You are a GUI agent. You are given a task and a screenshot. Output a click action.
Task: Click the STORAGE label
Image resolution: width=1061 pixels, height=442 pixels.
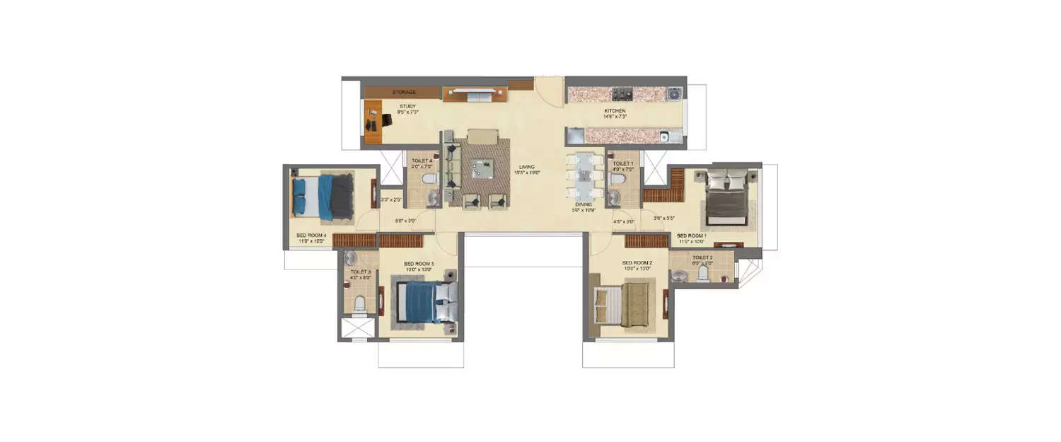point(404,93)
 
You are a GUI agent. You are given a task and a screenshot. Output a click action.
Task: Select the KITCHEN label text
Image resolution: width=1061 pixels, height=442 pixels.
point(614,111)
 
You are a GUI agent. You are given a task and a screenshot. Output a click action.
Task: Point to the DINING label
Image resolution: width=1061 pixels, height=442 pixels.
point(583,204)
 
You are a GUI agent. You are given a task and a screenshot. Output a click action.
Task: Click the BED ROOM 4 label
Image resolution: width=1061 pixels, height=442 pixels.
point(311,235)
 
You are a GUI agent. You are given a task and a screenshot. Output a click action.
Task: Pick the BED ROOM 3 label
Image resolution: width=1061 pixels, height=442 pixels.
point(418,263)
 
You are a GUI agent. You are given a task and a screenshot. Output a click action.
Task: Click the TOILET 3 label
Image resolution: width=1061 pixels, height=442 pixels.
point(360,272)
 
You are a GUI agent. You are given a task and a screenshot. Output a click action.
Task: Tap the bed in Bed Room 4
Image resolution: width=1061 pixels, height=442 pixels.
point(323,196)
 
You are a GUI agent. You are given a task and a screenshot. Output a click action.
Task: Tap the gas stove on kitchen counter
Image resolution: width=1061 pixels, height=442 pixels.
point(623,93)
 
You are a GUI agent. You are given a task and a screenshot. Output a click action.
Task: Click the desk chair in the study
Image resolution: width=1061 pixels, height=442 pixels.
point(386,120)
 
